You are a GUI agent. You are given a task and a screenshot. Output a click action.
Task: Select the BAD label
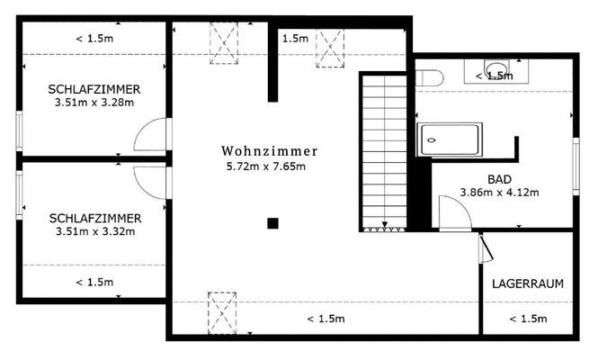pyautogui.click(x=499, y=179)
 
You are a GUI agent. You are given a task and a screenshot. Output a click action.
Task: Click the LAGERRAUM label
pyautogui.click(x=528, y=283)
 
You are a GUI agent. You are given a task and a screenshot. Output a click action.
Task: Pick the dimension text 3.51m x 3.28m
pyautogui.click(x=94, y=103)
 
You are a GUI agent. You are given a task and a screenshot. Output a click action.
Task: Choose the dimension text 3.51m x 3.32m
pyautogui.click(x=94, y=231)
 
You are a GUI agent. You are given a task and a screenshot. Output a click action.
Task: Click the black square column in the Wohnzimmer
pyautogui.click(x=272, y=223)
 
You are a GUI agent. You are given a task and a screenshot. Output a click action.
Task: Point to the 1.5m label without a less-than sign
pyautogui.click(x=295, y=39)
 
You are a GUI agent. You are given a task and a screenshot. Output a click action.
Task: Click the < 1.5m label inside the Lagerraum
pyautogui.click(x=528, y=319)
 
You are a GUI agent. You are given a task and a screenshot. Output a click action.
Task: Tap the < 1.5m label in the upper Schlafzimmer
pyautogui.click(x=94, y=39)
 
